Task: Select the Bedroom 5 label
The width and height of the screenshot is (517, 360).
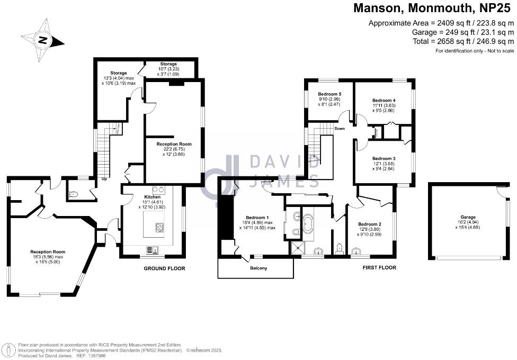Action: point(329,94)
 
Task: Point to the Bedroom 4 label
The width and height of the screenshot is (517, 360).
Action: point(384,100)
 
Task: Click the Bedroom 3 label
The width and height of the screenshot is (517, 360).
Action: point(384,158)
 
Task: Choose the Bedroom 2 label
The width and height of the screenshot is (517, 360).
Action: point(369,223)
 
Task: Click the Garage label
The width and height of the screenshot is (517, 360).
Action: point(468,217)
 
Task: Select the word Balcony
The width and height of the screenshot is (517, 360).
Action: point(259,268)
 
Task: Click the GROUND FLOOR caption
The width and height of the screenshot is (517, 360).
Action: point(165,268)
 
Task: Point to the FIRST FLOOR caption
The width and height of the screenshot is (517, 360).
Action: point(379,268)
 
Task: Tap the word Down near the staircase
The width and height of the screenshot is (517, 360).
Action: point(340,129)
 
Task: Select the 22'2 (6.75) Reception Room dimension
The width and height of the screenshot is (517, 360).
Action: point(174,149)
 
